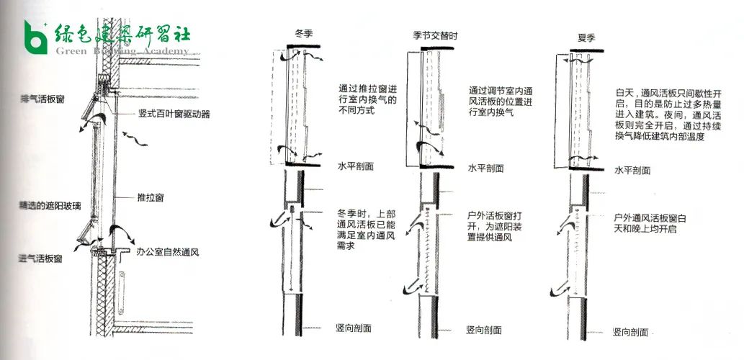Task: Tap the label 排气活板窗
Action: pos(45,96)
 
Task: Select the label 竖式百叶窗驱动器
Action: pos(174,114)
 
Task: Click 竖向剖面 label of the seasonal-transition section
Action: pos(484,330)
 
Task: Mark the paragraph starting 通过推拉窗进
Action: pos(367,102)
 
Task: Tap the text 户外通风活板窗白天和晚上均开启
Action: pos(650,223)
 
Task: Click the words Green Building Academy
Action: pos(122,51)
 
